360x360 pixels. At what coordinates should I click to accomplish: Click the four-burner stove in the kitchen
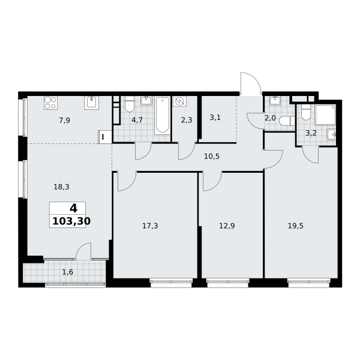click(x=51, y=103)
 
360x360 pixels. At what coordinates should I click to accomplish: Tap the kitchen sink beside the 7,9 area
click(x=91, y=103)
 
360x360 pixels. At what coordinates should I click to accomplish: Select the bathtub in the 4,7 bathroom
click(x=163, y=115)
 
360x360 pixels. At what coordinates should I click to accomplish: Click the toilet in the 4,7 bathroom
click(x=129, y=104)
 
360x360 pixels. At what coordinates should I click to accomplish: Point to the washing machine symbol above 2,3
click(x=179, y=101)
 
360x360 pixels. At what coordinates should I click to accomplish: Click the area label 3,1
click(x=215, y=118)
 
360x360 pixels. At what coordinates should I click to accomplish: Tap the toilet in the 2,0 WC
click(x=287, y=121)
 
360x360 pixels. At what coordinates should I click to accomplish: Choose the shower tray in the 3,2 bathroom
click(x=326, y=115)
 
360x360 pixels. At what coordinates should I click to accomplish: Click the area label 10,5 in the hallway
click(x=212, y=157)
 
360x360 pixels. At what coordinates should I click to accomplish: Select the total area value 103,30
click(x=71, y=221)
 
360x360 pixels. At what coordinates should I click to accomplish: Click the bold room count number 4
click(x=73, y=208)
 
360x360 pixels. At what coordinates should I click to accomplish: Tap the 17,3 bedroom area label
click(x=150, y=226)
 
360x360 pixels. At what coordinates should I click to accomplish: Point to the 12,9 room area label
click(x=227, y=226)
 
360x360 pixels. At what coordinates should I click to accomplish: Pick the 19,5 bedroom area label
click(x=295, y=226)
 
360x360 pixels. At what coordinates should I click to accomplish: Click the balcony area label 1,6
click(x=67, y=272)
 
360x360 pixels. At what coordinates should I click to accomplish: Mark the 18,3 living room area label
click(x=61, y=187)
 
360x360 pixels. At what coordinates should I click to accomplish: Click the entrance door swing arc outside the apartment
click(x=256, y=79)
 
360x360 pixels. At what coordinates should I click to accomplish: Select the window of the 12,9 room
click(x=228, y=283)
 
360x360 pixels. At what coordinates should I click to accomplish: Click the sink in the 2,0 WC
click(x=274, y=101)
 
